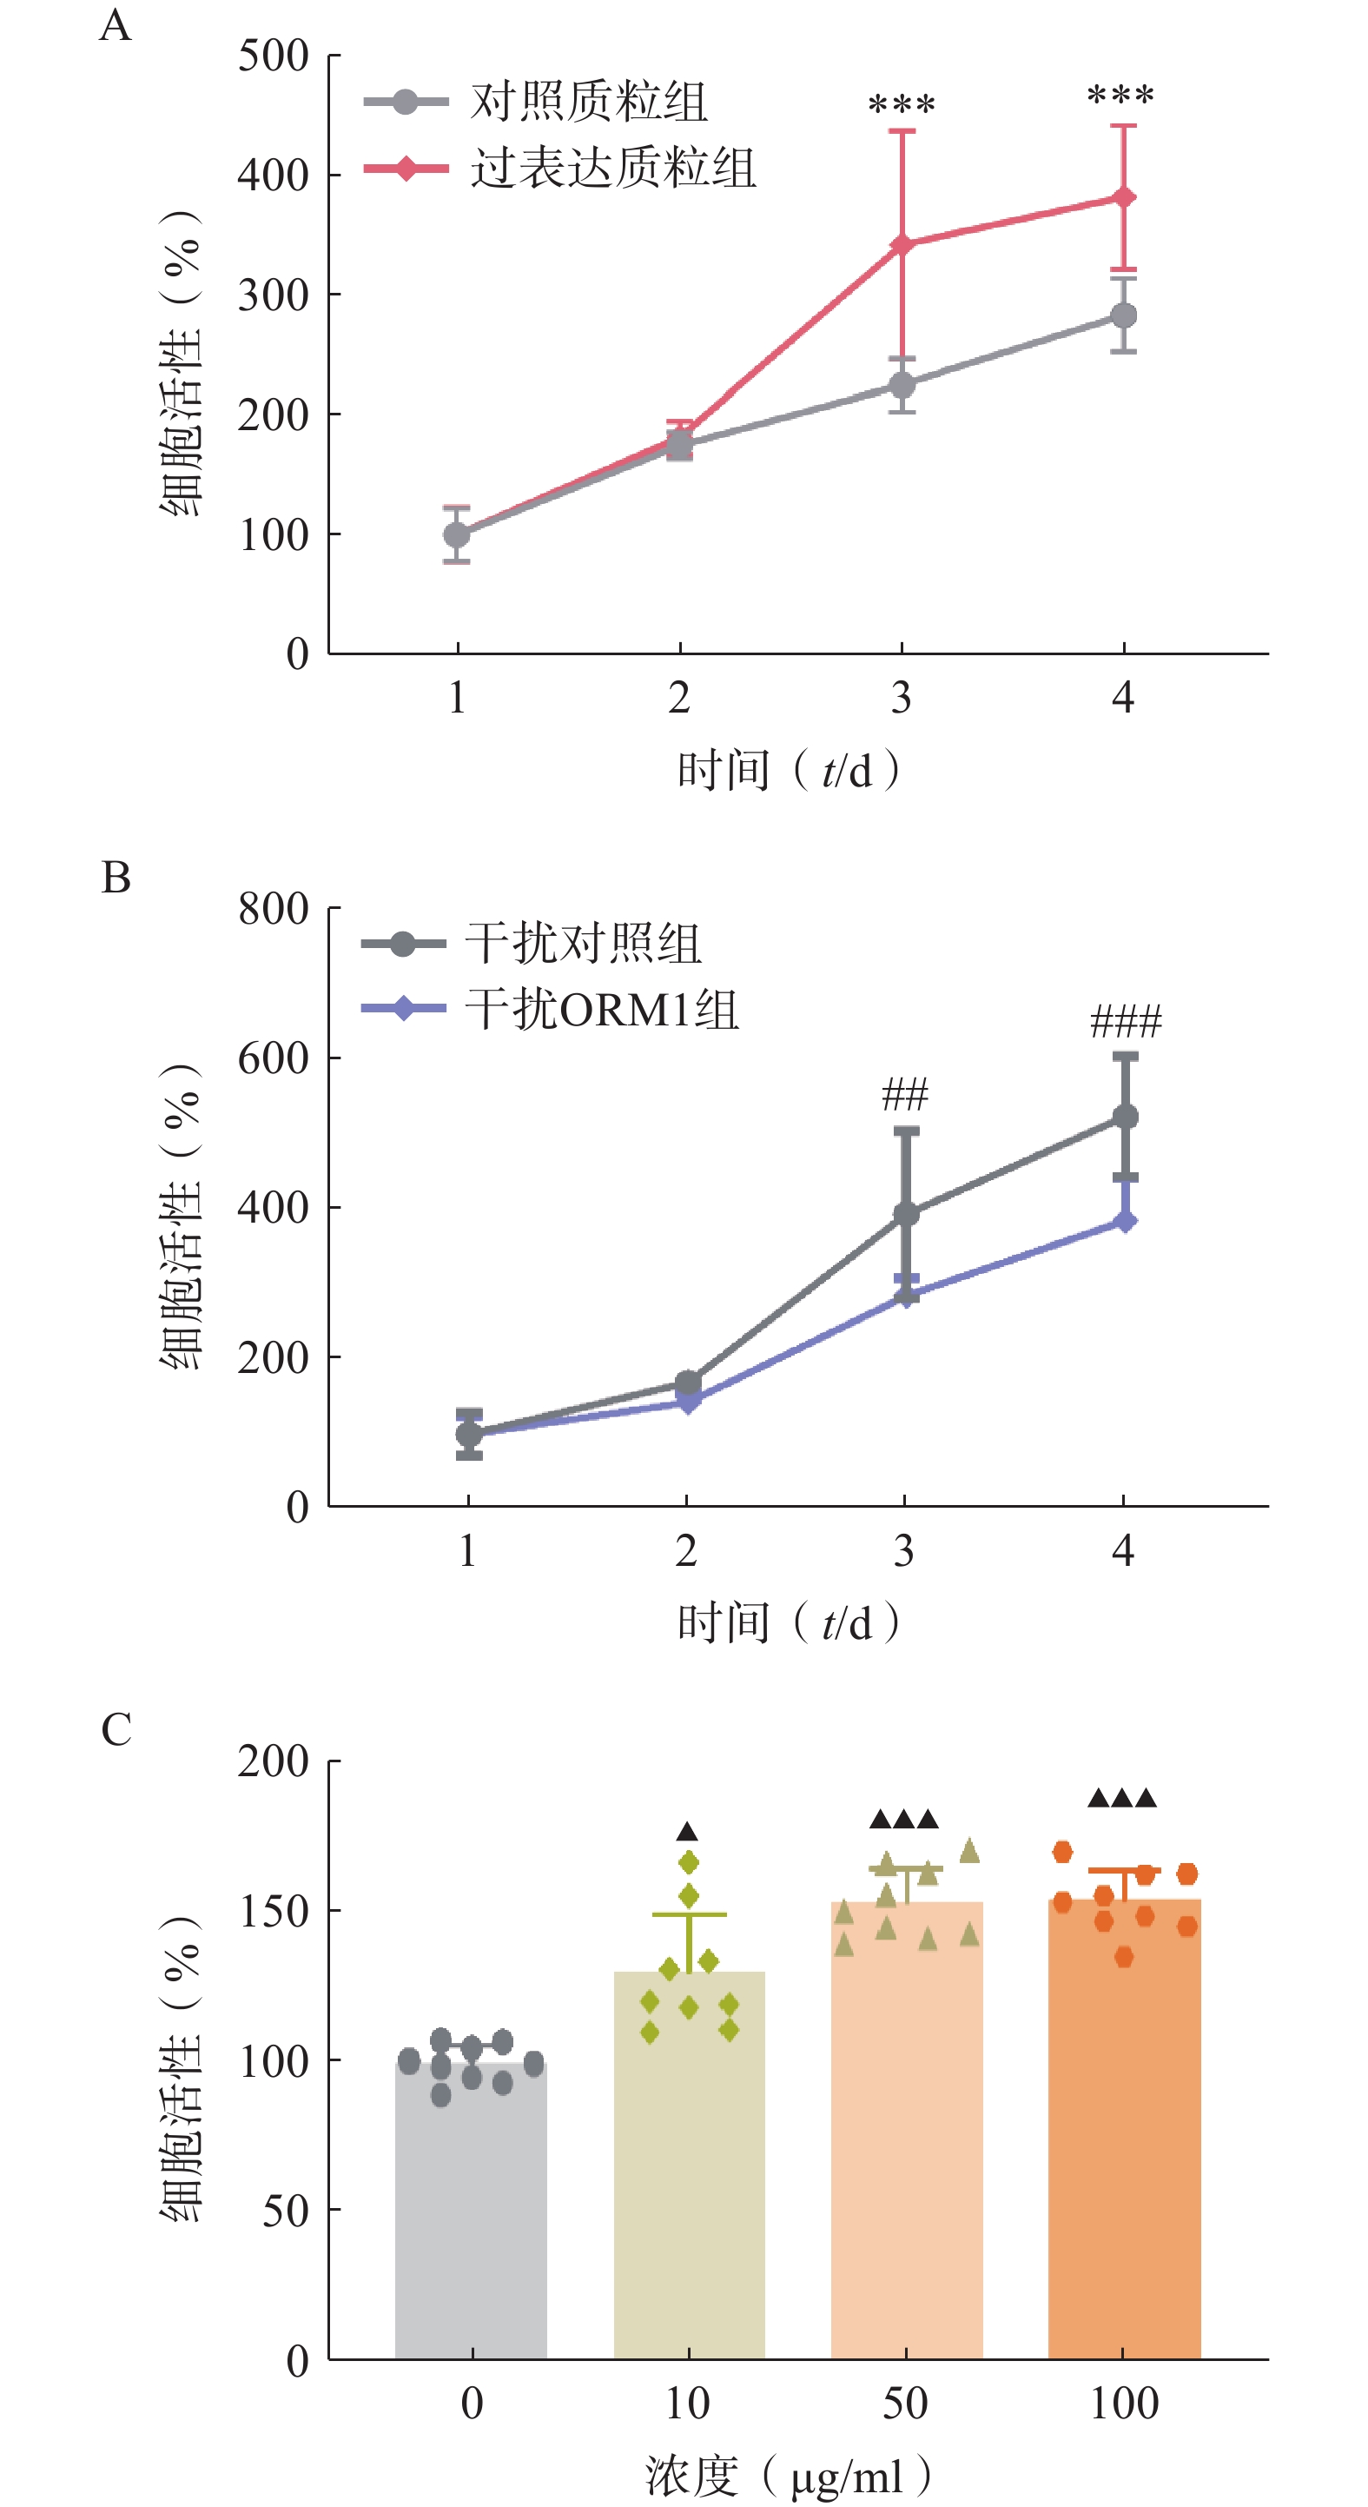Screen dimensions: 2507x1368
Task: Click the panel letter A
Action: point(115,25)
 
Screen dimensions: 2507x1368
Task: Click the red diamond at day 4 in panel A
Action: point(1124,197)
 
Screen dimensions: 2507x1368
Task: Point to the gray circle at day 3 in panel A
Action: point(902,386)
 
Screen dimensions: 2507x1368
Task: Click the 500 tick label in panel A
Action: point(274,56)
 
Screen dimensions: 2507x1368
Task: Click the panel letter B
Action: point(116,878)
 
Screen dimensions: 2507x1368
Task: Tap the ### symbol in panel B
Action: point(1126,1022)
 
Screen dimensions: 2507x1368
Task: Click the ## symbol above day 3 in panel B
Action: point(904,1095)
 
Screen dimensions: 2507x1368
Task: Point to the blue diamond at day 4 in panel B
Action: point(1125,1222)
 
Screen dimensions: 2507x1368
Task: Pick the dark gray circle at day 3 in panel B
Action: point(906,1214)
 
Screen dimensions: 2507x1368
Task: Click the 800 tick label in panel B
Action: point(274,909)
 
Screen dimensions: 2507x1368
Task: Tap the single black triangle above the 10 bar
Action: point(688,1833)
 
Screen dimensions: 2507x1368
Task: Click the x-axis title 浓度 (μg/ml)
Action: point(787,2475)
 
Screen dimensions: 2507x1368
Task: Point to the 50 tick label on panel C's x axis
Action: point(905,2403)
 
